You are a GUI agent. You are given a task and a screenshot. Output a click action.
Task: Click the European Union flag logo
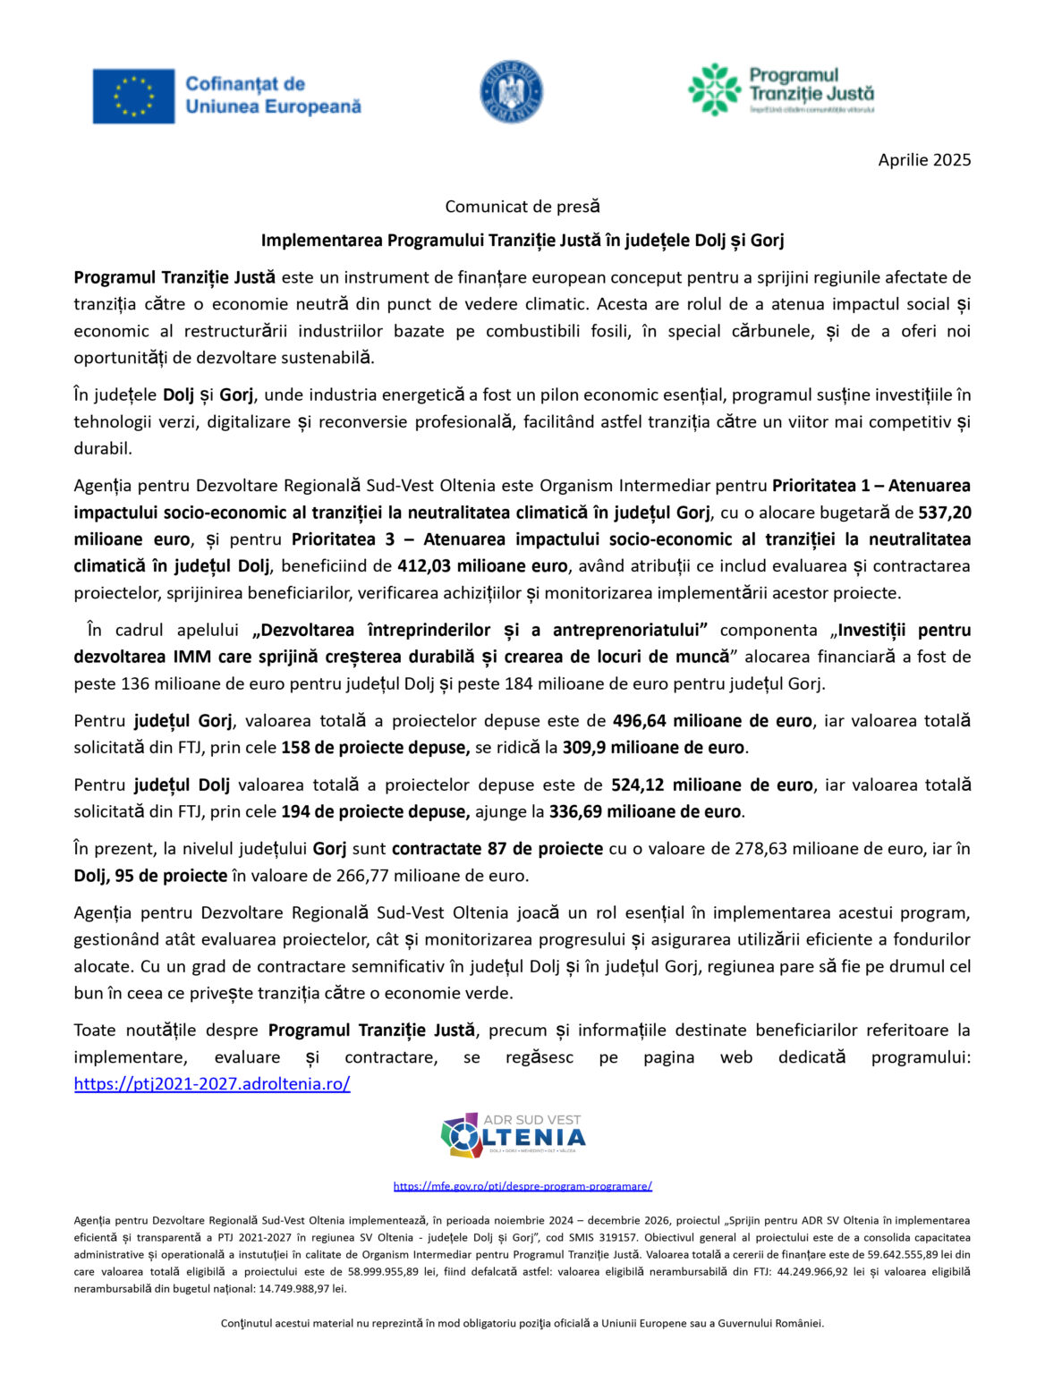pyautogui.click(x=133, y=96)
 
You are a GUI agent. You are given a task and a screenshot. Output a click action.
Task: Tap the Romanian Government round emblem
pyautogui.click(x=511, y=92)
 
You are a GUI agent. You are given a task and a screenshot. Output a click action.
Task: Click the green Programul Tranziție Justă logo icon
pyautogui.click(x=714, y=89)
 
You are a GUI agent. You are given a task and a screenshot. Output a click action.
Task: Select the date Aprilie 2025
pyautogui.click(x=923, y=160)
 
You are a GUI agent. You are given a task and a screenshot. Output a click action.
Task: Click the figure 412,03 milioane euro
pyautogui.click(x=482, y=566)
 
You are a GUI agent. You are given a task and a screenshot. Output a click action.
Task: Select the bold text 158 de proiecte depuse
pyautogui.click(x=375, y=748)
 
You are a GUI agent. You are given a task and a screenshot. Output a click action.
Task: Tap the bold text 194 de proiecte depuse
pyautogui.click(x=375, y=812)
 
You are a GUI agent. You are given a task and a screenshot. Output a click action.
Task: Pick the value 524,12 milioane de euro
pyautogui.click(x=711, y=785)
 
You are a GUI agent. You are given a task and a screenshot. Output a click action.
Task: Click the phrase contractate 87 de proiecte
pyautogui.click(x=497, y=849)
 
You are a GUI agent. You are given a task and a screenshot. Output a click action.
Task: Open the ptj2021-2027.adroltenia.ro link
pyautogui.click(x=212, y=1084)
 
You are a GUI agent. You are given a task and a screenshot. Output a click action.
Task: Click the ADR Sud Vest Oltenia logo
pyautogui.click(x=514, y=1135)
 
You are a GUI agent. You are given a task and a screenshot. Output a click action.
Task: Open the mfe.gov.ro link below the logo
pyautogui.click(x=523, y=1186)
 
